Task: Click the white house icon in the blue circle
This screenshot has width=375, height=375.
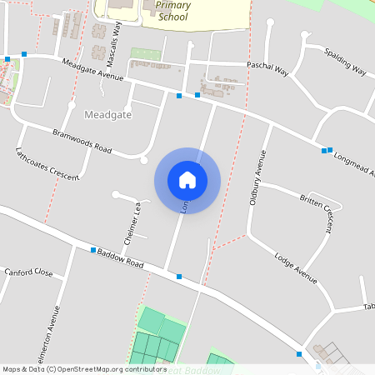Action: (x=187, y=180)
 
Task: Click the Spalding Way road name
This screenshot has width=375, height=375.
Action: (x=345, y=61)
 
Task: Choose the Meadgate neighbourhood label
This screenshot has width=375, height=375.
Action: (x=108, y=114)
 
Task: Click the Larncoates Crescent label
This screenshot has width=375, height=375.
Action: (x=47, y=163)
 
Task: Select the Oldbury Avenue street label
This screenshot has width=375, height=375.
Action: (x=257, y=177)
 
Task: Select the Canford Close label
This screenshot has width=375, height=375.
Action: (x=28, y=272)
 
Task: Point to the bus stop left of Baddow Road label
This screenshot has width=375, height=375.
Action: (x=93, y=250)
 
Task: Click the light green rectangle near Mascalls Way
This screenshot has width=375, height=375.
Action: (x=144, y=53)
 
